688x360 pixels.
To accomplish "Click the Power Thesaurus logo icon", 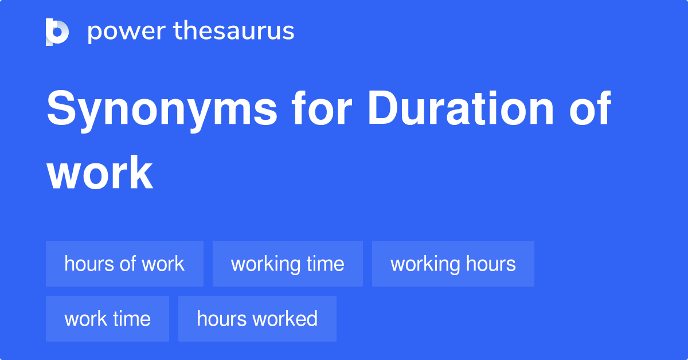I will click(x=57, y=32).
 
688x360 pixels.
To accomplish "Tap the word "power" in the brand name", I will click(x=125, y=32).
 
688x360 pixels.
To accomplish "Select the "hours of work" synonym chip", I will click(x=124, y=264).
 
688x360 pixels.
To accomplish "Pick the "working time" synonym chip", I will click(x=287, y=264).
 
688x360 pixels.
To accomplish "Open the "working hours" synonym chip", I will click(x=453, y=264).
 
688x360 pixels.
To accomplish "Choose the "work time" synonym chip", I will click(x=107, y=319).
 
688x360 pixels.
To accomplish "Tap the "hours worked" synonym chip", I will click(x=257, y=319).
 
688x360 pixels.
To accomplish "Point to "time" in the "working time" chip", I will click(x=325, y=264).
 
